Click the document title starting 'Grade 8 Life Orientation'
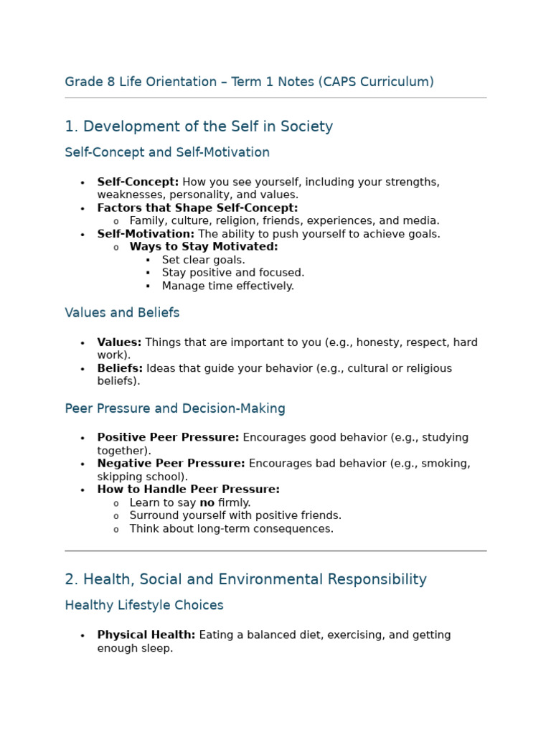[249, 82]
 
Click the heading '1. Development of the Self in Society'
[199, 127]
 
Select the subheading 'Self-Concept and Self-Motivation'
[167, 152]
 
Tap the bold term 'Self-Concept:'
[138, 182]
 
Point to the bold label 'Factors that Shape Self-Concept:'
[197, 208]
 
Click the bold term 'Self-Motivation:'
[146, 234]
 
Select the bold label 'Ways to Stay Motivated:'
[204, 247]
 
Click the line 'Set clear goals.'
[203, 260]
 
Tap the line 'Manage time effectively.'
[227, 286]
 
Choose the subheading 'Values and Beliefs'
[122, 313]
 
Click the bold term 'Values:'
[119, 343]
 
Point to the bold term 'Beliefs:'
[120, 369]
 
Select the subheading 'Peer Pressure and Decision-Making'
[175, 408]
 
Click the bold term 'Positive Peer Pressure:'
[168, 438]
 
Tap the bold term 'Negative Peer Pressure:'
[171, 464]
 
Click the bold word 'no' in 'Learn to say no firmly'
[207, 503]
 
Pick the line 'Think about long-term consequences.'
[231, 529]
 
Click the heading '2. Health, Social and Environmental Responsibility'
[245, 579]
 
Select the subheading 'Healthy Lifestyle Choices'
[144, 605]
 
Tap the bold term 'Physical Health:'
[146, 635]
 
